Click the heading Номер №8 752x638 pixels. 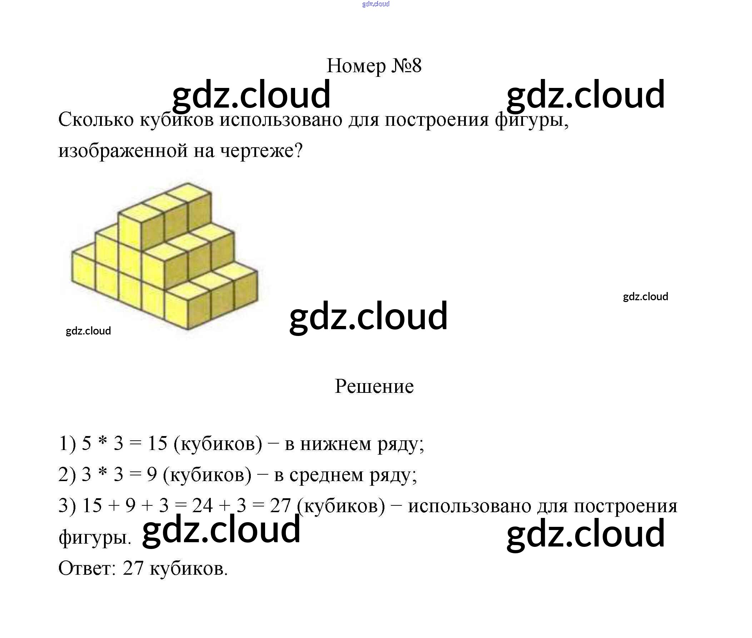coord(374,66)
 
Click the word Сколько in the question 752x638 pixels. coord(96,120)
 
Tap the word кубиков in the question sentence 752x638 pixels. coord(177,120)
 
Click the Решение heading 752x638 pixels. coord(374,386)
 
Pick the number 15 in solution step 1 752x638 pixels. coord(158,443)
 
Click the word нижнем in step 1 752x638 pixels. coord(336,444)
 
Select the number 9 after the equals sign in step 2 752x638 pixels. coord(152,474)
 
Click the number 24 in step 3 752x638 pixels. coord(202,505)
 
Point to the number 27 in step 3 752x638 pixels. coord(280,505)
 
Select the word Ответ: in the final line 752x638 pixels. coord(87,568)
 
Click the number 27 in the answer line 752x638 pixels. coord(133,568)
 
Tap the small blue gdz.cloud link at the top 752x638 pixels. coord(375,4)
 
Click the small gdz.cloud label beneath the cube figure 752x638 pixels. coord(88,331)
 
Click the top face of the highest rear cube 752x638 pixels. coord(188,190)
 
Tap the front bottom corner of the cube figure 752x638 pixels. coord(187,328)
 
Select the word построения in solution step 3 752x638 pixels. coord(626,506)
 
